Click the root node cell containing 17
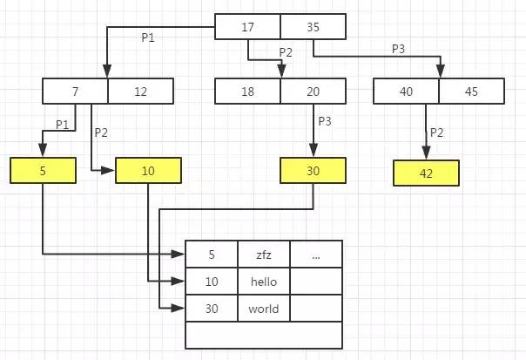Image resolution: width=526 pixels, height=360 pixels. [x=247, y=27]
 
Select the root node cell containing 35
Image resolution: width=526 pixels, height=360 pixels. [x=313, y=27]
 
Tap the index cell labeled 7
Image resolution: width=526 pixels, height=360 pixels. [x=75, y=92]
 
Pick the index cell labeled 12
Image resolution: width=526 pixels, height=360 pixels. [x=140, y=92]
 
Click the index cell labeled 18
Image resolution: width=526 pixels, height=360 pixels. [x=248, y=92]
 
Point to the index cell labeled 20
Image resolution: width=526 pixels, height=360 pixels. [x=313, y=92]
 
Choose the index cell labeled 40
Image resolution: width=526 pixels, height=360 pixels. [x=406, y=92]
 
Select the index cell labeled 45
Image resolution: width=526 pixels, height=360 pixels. [x=471, y=92]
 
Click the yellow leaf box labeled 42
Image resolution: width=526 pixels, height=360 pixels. [x=426, y=173]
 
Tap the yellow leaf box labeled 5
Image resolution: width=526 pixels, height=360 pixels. [x=43, y=170]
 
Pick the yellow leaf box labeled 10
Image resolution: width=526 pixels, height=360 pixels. [x=149, y=170]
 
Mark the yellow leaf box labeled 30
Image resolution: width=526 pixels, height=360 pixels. [x=313, y=170]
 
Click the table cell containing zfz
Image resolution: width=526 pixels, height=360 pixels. [x=263, y=255]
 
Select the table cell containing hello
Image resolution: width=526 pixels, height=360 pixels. [x=263, y=282]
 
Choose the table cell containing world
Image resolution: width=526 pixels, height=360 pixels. [x=263, y=309]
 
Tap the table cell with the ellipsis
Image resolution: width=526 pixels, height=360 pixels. [x=316, y=255]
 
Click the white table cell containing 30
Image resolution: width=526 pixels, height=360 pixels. [x=212, y=309]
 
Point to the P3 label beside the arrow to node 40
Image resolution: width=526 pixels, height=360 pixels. [x=398, y=50]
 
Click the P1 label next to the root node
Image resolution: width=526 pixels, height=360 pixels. [x=149, y=37]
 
